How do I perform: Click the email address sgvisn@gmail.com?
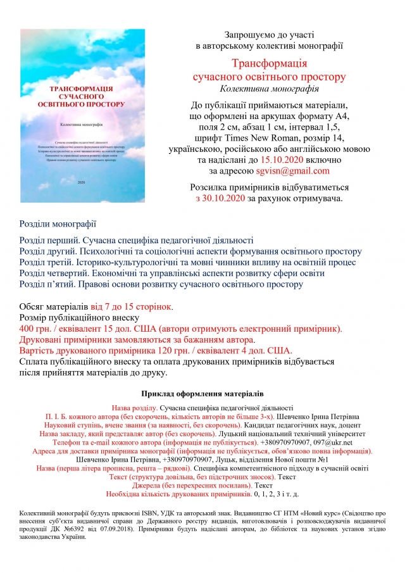click(x=293, y=170)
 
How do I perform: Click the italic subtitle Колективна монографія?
click(x=270, y=89)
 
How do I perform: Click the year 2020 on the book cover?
click(x=80, y=182)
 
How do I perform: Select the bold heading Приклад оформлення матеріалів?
click(x=202, y=394)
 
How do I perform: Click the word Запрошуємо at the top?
click(x=250, y=34)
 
